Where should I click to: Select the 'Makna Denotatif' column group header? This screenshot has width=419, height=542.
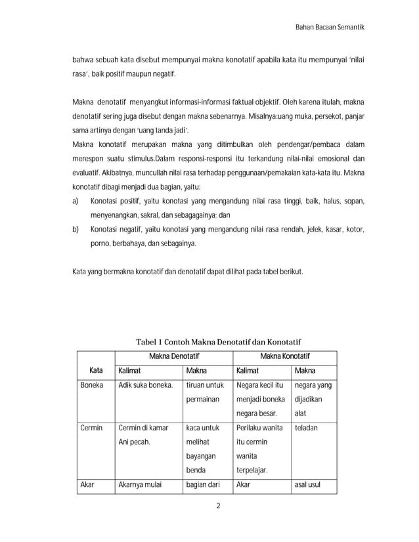coord(173,356)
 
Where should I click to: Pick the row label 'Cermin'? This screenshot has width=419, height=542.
coord(92,428)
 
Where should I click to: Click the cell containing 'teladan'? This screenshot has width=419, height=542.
coord(306,428)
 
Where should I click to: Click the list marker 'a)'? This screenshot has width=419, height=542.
coord(76,200)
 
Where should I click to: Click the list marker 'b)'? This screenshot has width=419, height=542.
coord(76,229)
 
